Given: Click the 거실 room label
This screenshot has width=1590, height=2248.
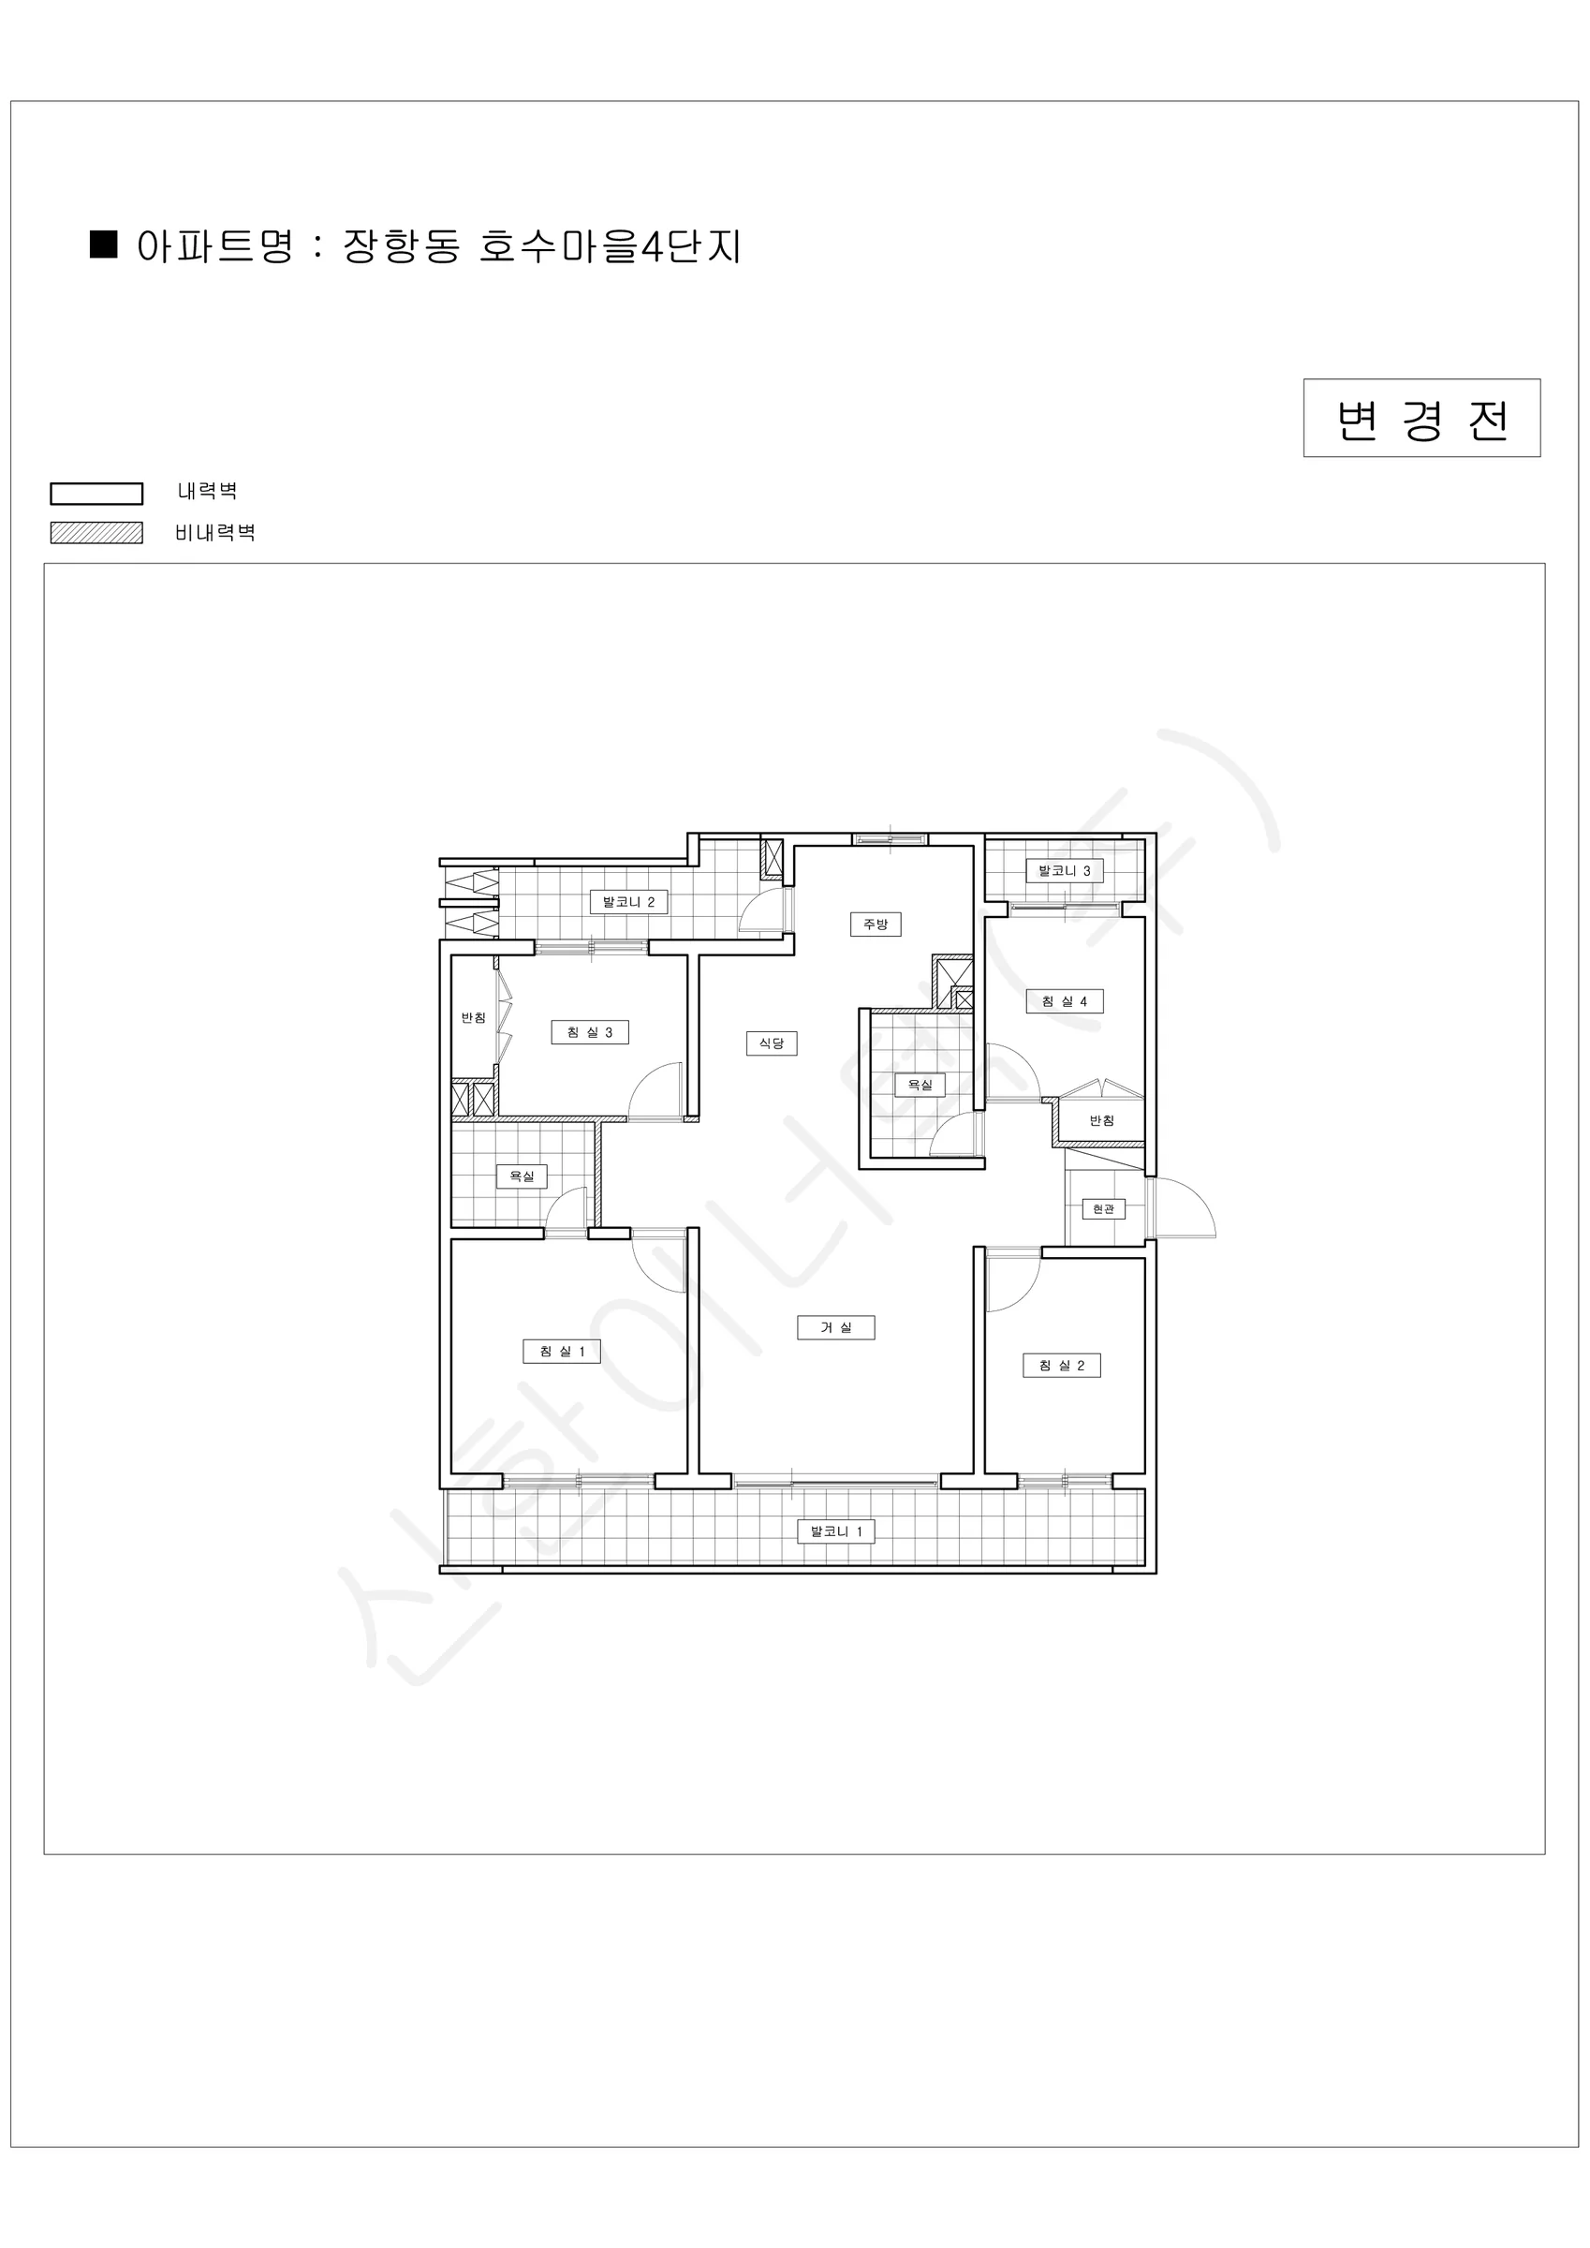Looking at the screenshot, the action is coord(835,1327).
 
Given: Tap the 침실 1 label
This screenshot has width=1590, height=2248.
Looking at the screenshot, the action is coord(562,1352).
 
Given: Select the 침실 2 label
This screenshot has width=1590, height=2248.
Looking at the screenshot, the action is coord(1062,1365).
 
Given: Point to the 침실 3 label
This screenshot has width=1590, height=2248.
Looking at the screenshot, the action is coord(589,1032).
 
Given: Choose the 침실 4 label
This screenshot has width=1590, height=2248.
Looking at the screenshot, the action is coord(1065,1000).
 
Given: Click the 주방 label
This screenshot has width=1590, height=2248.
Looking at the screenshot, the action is coord(876,924).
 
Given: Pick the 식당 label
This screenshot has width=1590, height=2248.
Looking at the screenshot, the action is coord(772,1043).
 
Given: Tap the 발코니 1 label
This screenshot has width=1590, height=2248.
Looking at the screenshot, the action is coord(836,1531).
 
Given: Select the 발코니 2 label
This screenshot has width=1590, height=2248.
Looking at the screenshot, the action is coord(628,902).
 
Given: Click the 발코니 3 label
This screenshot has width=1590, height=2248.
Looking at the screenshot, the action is coord(1065,870).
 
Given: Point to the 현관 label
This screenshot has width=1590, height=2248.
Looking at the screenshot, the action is coord(1103,1209).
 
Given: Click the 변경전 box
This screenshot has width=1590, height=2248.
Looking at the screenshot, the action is coord(1421,418).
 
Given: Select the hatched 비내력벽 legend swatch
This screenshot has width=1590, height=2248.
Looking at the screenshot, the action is coord(97,533).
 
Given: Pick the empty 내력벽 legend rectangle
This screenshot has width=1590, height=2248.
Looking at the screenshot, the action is coord(97,494).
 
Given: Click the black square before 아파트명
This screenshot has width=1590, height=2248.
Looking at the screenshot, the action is coord(104,244).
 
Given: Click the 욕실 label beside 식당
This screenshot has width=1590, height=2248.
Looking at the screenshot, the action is coord(920,1085).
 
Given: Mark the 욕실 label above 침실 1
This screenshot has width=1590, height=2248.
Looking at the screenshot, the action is coord(522,1176).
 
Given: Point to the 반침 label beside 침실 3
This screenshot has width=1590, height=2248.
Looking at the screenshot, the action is coord(474,1018).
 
